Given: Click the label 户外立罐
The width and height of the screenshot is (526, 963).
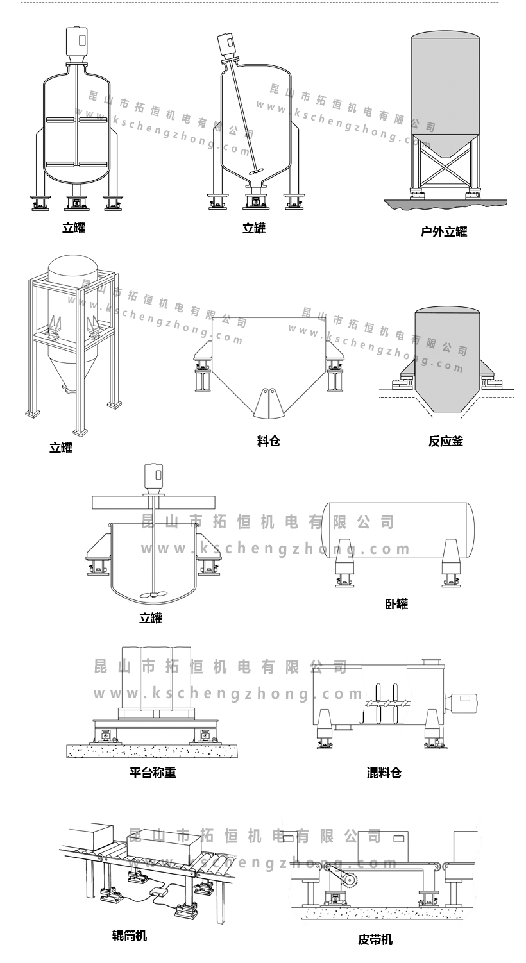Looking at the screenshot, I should [443, 231].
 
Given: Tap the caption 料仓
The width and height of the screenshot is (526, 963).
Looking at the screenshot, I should [268, 440].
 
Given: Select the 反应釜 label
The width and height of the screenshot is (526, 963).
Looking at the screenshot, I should [445, 440].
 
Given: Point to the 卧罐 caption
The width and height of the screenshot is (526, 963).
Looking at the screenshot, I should [396, 603].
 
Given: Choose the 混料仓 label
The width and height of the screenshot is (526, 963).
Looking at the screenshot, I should [384, 773].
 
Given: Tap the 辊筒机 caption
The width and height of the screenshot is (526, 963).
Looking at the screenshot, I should [130, 935].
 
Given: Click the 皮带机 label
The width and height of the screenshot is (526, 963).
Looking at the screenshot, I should [375, 940].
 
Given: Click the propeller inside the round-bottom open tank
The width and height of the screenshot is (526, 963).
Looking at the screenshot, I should [155, 594].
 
